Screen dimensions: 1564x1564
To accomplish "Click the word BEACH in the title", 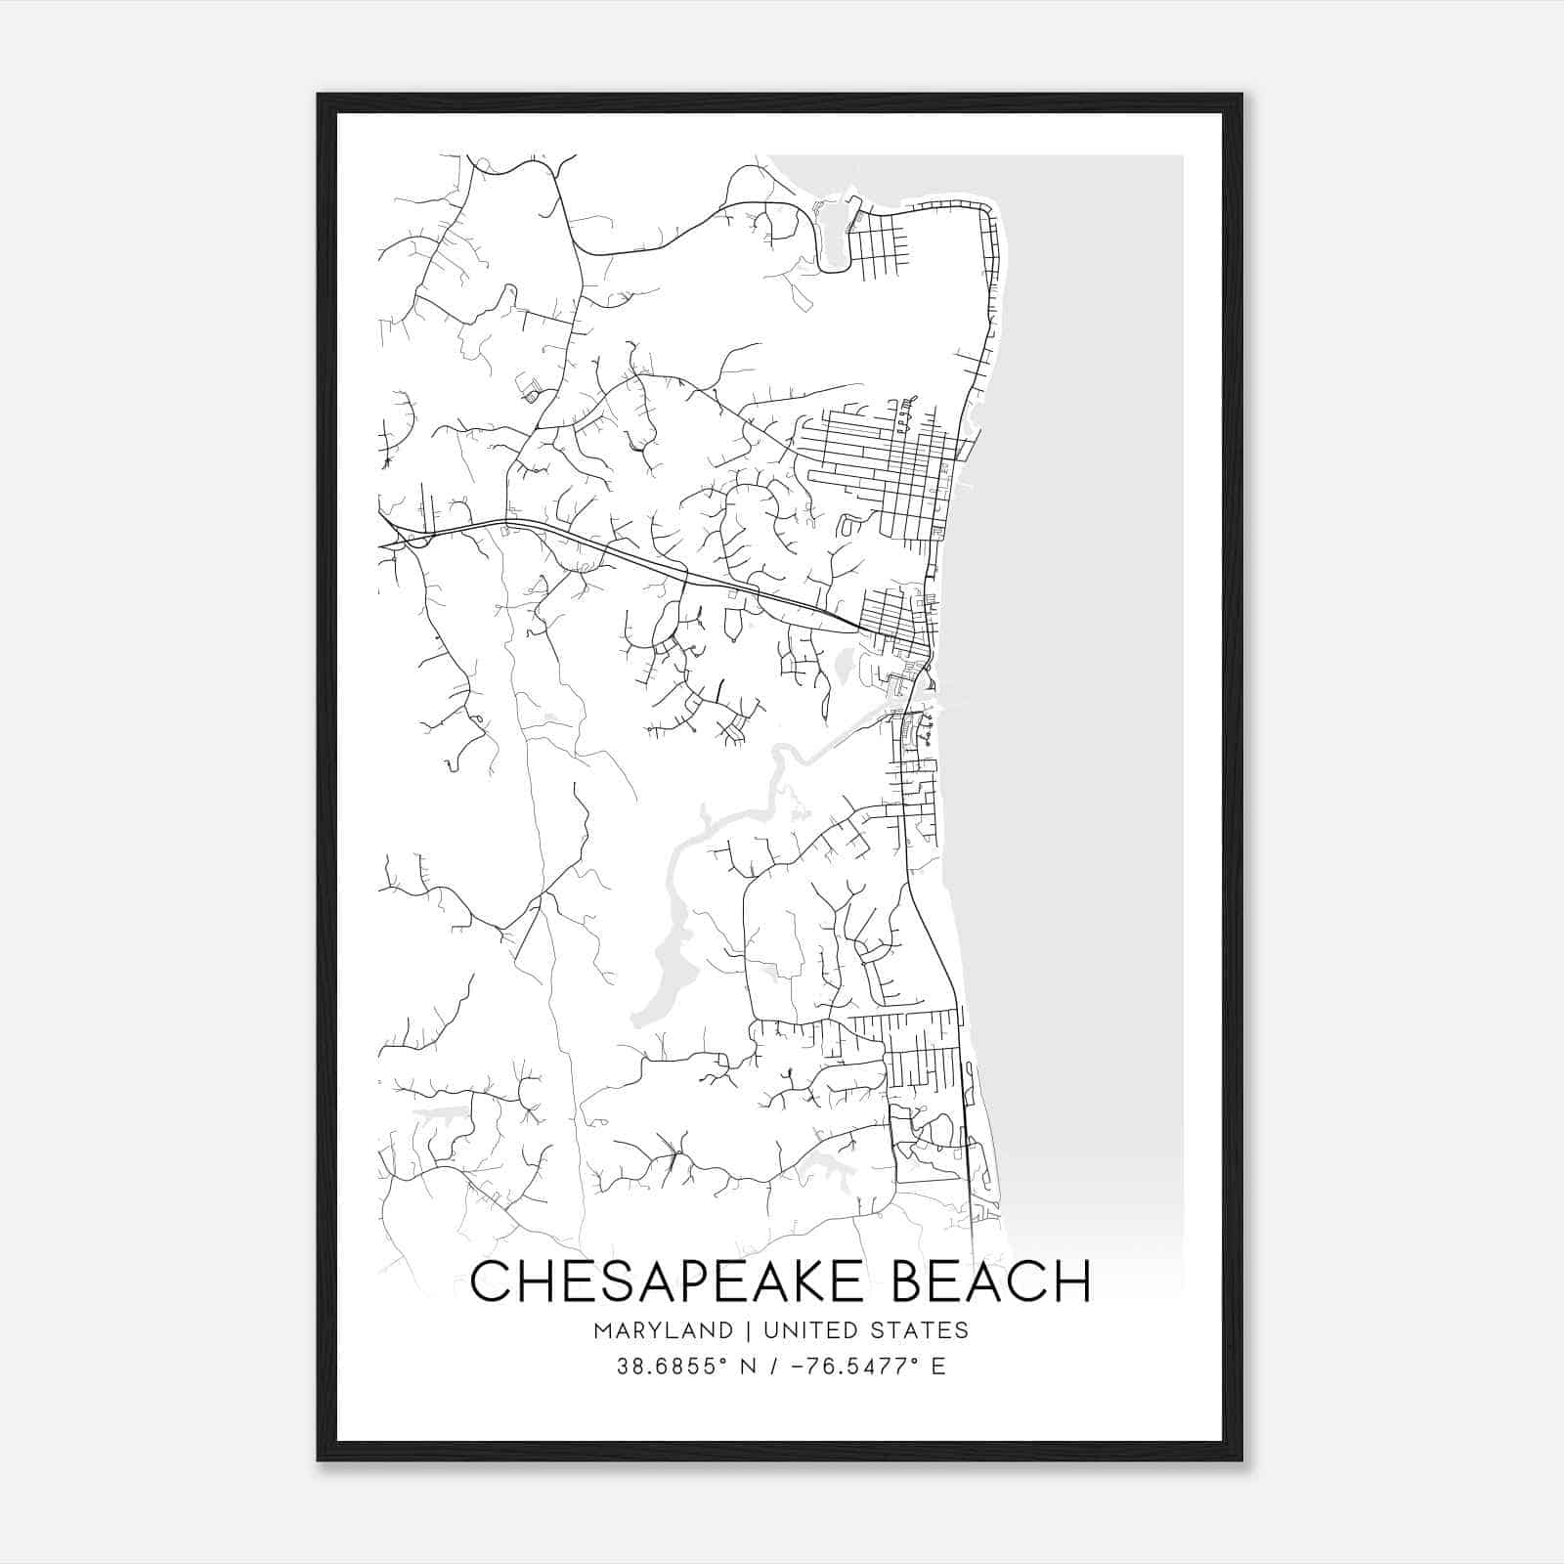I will pos(992,1282).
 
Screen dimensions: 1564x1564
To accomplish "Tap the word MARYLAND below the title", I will pos(661,1330).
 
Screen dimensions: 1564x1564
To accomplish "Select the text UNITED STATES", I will pos(866,1330).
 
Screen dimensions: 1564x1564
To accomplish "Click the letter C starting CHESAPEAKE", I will pos(490,1282).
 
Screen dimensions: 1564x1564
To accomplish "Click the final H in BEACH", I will pos(1072,1282).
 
